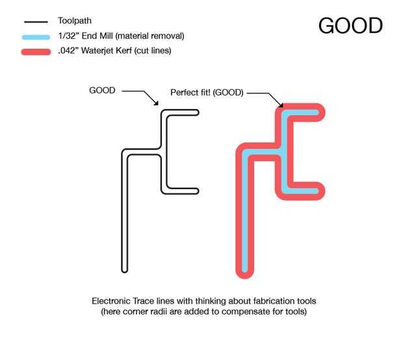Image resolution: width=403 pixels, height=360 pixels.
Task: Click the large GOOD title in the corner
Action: point(350,25)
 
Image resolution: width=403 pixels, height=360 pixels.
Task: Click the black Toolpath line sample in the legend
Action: point(36,22)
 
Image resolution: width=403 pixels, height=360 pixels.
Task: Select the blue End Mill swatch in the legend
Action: point(36,37)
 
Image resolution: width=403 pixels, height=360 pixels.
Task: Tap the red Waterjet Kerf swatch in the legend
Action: point(36,52)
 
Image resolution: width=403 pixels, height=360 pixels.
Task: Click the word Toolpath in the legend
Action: point(75,21)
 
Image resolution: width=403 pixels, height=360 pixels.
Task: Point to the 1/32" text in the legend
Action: point(68,36)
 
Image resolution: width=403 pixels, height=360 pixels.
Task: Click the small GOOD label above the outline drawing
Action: point(102,90)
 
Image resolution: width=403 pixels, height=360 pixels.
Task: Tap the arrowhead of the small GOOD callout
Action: point(157,103)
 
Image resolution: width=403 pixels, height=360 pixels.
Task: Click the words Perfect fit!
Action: point(190,92)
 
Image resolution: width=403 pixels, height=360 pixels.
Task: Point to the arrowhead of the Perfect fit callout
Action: point(281,105)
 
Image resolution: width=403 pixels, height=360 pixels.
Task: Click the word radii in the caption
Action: point(174,311)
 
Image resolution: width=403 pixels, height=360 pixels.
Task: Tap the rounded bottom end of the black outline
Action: point(125,270)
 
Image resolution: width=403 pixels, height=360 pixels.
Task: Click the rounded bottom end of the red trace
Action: point(244,275)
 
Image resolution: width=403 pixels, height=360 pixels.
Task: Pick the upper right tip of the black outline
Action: point(198,112)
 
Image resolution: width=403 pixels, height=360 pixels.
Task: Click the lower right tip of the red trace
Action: point(322,191)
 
